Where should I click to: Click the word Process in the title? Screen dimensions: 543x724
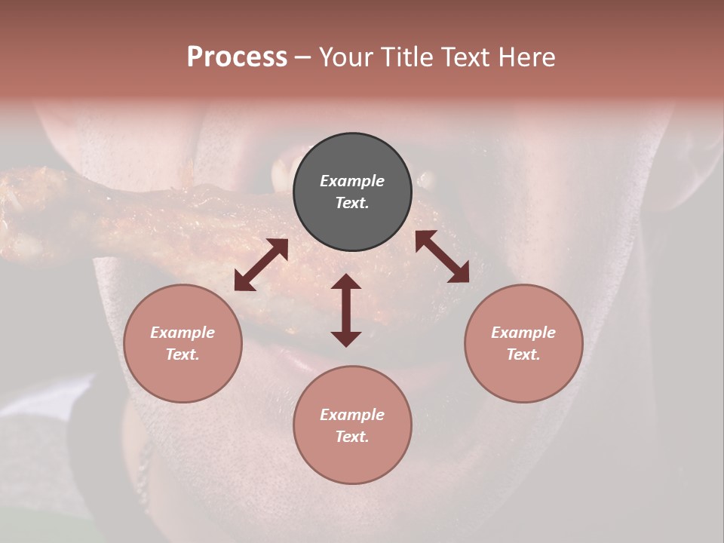pyautogui.click(x=237, y=57)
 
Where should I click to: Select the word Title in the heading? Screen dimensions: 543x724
pyautogui.click(x=409, y=57)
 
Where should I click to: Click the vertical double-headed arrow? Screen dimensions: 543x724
pyautogui.click(x=346, y=310)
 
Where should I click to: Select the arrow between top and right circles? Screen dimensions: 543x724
pyautogui.click(x=442, y=256)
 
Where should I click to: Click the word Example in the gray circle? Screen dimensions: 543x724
pyautogui.click(x=352, y=181)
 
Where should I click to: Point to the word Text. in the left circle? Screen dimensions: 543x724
pyautogui.click(x=183, y=354)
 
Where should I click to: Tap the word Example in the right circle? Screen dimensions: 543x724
pyautogui.click(x=523, y=333)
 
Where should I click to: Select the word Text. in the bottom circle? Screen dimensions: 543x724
pyautogui.click(x=352, y=437)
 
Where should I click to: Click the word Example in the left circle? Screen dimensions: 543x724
pyautogui.click(x=183, y=333)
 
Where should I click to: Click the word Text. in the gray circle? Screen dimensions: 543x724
pyautogui.click(x=352, y=203)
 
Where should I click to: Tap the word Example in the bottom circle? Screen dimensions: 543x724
pyautogui.click(x=352, y=415)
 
